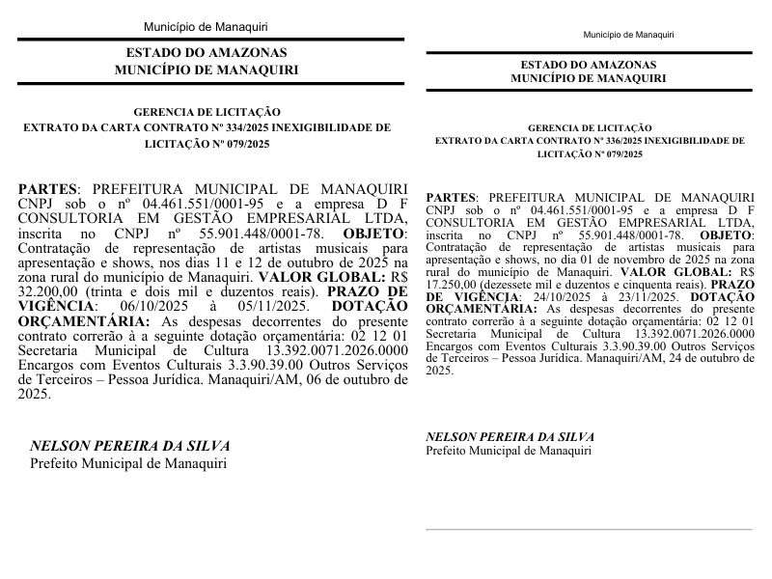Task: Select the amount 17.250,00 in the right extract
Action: point(452,287)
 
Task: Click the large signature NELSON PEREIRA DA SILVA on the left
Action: point(129,446)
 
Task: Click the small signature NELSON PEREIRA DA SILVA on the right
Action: point(510,437)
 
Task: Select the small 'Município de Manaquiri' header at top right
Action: point(628,35)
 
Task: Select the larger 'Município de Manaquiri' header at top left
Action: point(206,26)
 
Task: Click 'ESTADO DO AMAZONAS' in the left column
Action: point(206,53)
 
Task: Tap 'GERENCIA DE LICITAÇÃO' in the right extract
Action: point(590,127)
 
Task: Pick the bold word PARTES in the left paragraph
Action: point(47,189)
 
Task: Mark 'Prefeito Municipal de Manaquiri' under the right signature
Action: point(509,451)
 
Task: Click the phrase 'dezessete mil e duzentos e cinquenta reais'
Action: point(596,287)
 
